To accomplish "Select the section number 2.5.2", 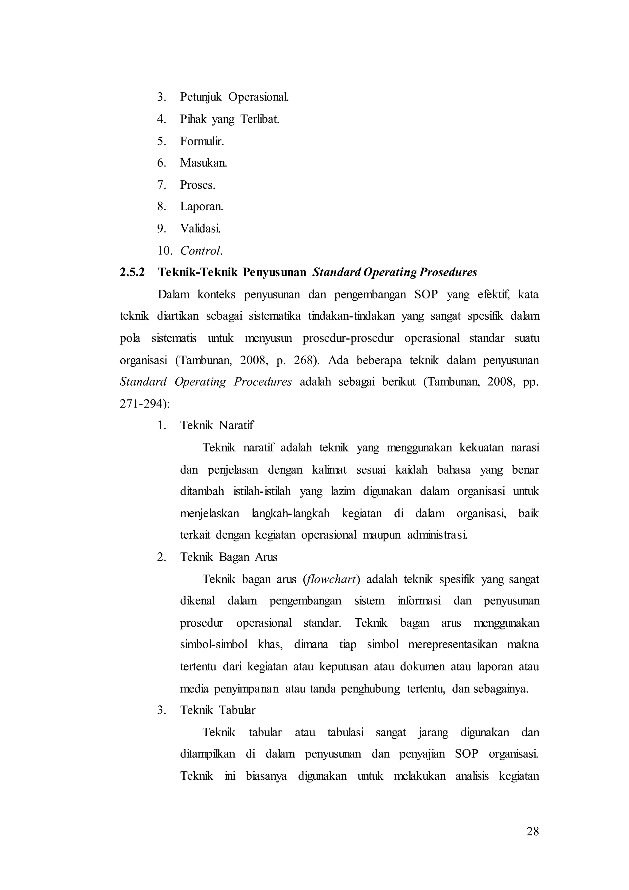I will [132, 273].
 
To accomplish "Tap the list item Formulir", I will [202, 141].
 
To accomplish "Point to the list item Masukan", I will [203, 163].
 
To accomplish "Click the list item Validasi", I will [200, 229].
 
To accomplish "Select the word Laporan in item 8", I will [201, 207].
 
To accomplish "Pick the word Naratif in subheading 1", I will [236, 426].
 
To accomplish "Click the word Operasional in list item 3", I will [258, 97].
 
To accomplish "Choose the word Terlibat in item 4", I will [260, 119].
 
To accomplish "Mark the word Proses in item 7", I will [197, 185].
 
